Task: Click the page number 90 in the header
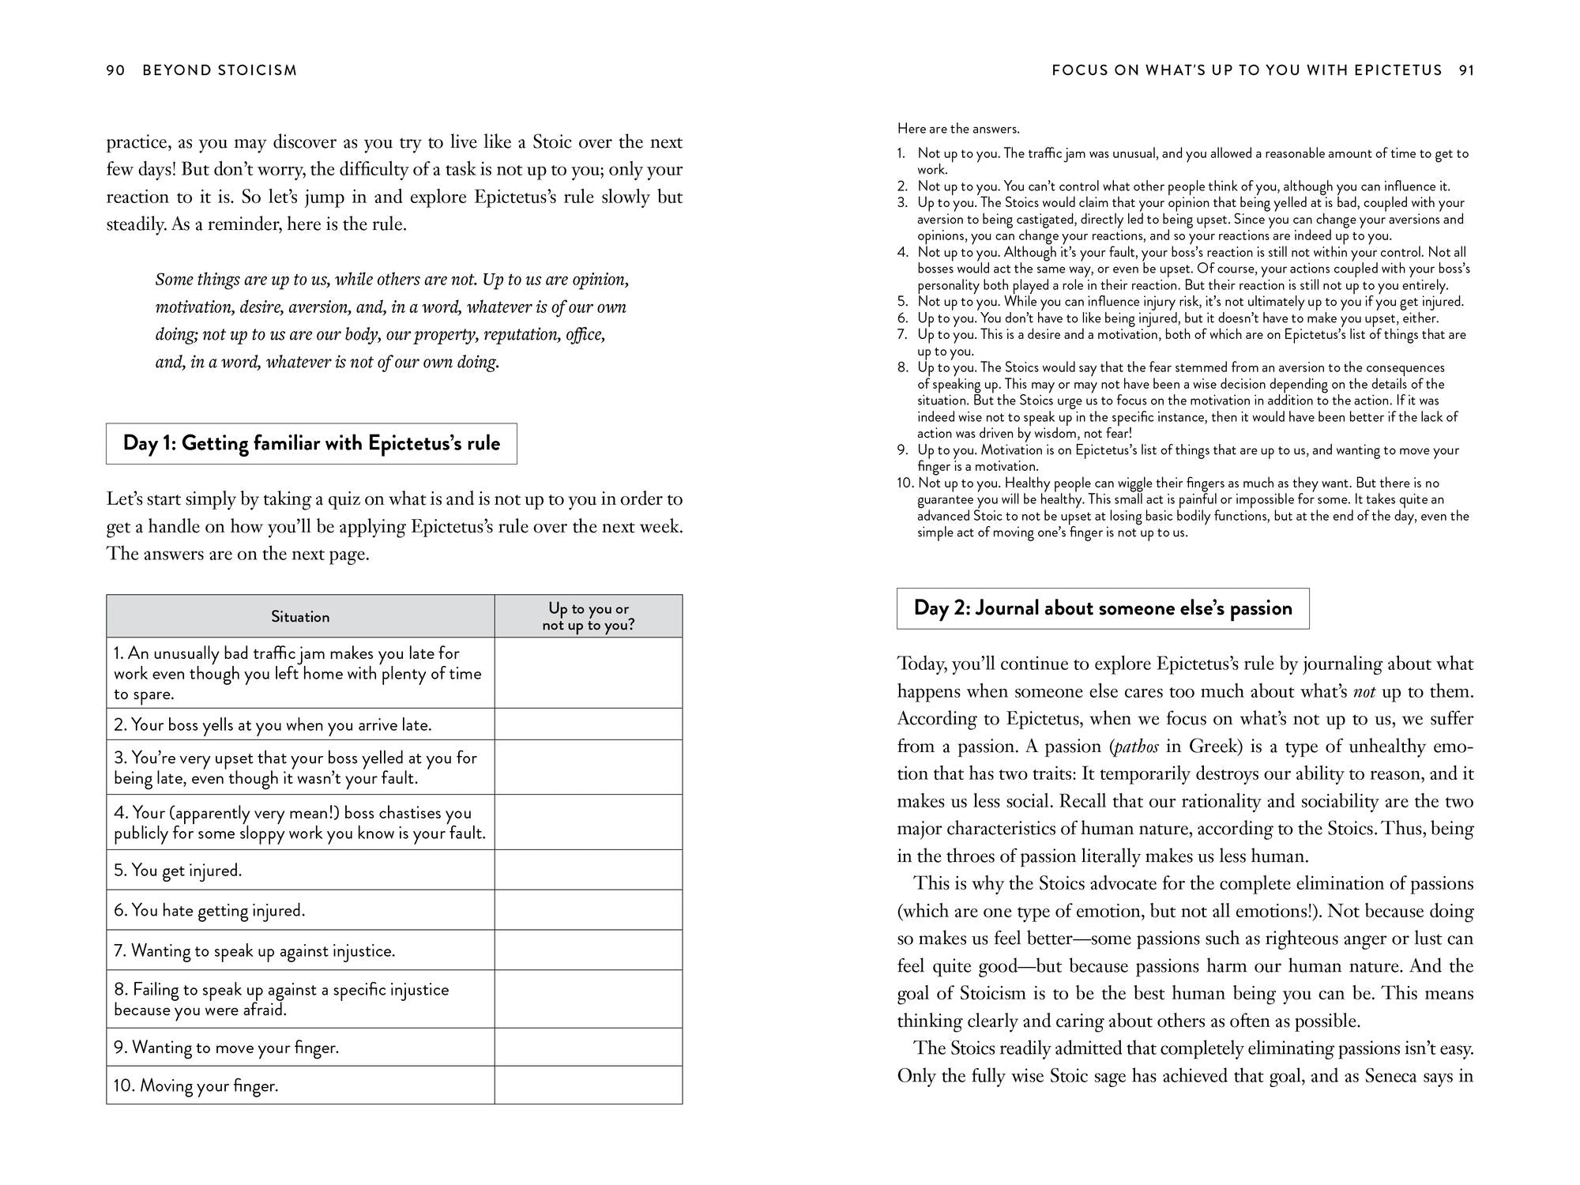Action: click(x=115, y=70)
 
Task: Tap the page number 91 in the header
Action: click(x=1466, y=70)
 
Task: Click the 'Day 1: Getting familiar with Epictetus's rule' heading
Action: click(x=311, y=443)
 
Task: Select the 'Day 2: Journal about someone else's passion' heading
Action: click(x=1103, y=608)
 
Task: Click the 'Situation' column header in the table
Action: click(x=300, y=617)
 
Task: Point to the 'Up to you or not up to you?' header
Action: click(x=589, y=617)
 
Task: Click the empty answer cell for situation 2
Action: click(x=589, y=724)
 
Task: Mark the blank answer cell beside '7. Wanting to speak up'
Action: click(x=589, y=950)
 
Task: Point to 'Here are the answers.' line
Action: click(x=958, y=129)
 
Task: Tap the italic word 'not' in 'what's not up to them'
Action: click(x=1364, y=692)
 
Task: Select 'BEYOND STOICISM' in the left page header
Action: click(x=220, y=70)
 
